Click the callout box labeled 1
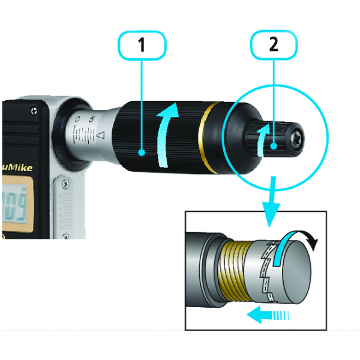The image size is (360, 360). point(142,46)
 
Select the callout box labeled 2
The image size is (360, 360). point(274,46)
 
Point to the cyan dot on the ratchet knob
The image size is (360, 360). point(274,146)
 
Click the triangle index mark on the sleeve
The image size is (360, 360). point(100,136)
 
